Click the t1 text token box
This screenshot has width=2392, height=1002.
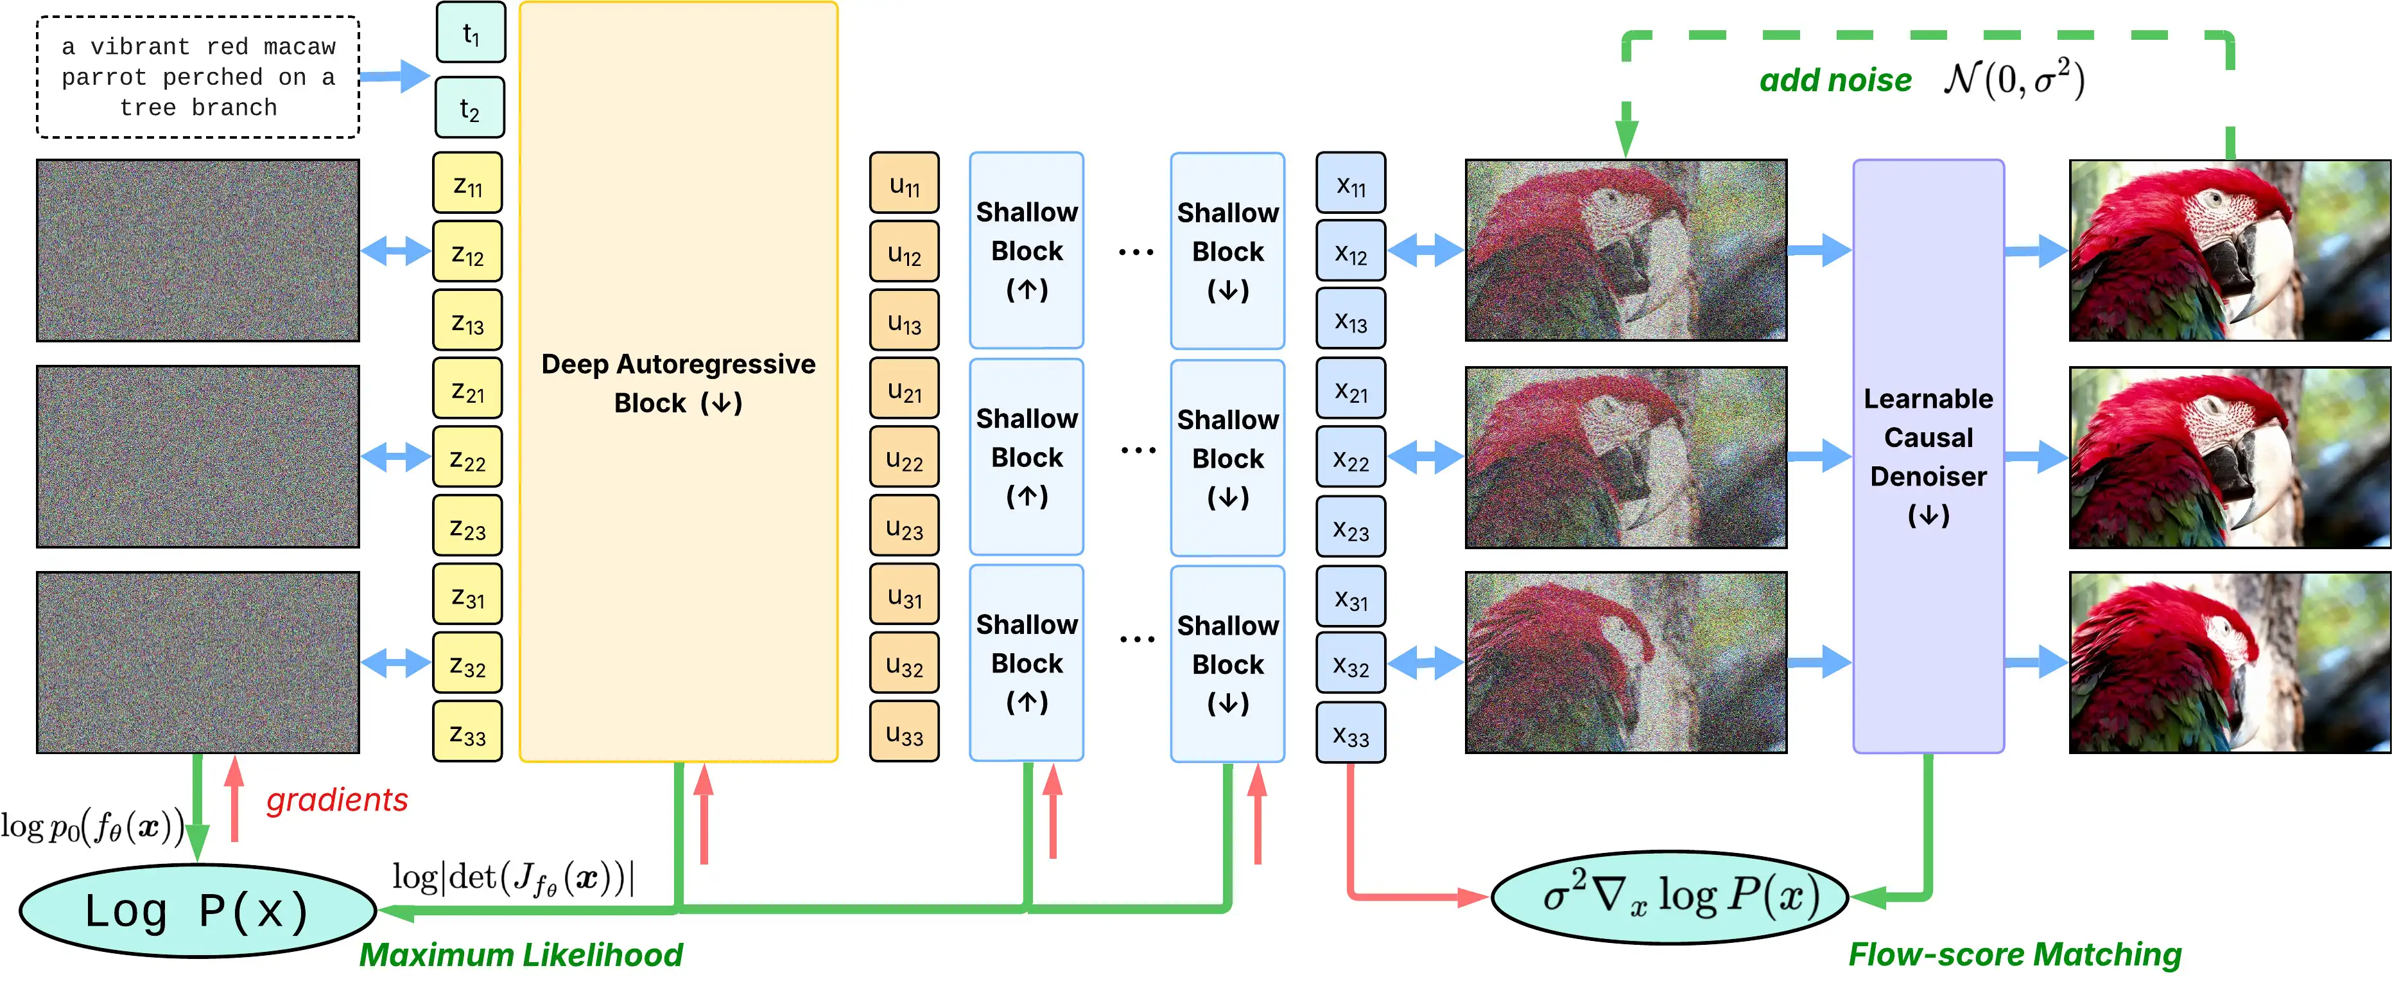click(471, 33)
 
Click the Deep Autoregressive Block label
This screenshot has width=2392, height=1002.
click(678, 383)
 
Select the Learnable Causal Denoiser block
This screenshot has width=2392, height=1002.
click(1928, 455)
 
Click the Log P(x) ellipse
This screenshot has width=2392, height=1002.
click(197, 911)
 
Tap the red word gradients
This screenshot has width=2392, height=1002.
click(337, 800)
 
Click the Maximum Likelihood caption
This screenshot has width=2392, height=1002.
click(521, 954)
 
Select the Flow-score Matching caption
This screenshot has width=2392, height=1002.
click(2014, 954)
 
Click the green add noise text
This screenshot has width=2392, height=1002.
click(1835, 81)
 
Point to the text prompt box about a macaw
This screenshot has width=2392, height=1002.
click(198, 77)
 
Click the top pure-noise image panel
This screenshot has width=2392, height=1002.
click(198, 251)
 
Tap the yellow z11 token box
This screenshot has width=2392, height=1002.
click(467, 184)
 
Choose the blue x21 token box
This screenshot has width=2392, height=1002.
click(1350, 390)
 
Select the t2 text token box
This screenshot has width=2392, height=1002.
click(470, 109)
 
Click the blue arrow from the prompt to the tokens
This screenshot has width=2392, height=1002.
click(395, 76)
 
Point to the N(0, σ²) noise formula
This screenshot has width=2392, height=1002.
click(2014, 79)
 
